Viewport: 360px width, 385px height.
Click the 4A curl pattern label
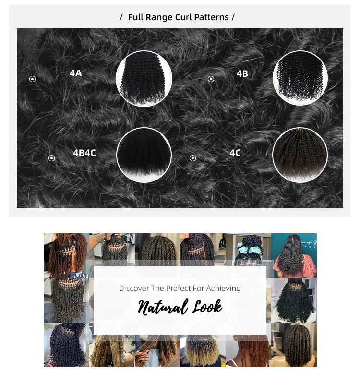tap(76, 73)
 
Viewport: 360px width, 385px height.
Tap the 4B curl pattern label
tap(242, 73)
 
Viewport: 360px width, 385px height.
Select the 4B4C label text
tap(84, 153)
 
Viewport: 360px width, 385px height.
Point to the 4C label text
tap(235, 153)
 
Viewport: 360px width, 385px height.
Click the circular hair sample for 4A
tap(144, 79)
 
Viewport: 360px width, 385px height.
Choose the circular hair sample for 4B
tap(300, 78)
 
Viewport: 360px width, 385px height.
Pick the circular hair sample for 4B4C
tap(144, 155)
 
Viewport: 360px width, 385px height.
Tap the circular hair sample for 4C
tap(300, 155)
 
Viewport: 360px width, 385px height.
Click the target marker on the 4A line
tap(32, 79)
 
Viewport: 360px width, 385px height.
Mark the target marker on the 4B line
tap(211, 79)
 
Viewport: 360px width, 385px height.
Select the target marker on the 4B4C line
tap(51, 158)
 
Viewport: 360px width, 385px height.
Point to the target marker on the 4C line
tap(193, 158)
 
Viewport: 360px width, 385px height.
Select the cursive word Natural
tap(162, 307)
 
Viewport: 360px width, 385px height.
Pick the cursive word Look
tap(207, 306)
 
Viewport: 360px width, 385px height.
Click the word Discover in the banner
tap(134, 288)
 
